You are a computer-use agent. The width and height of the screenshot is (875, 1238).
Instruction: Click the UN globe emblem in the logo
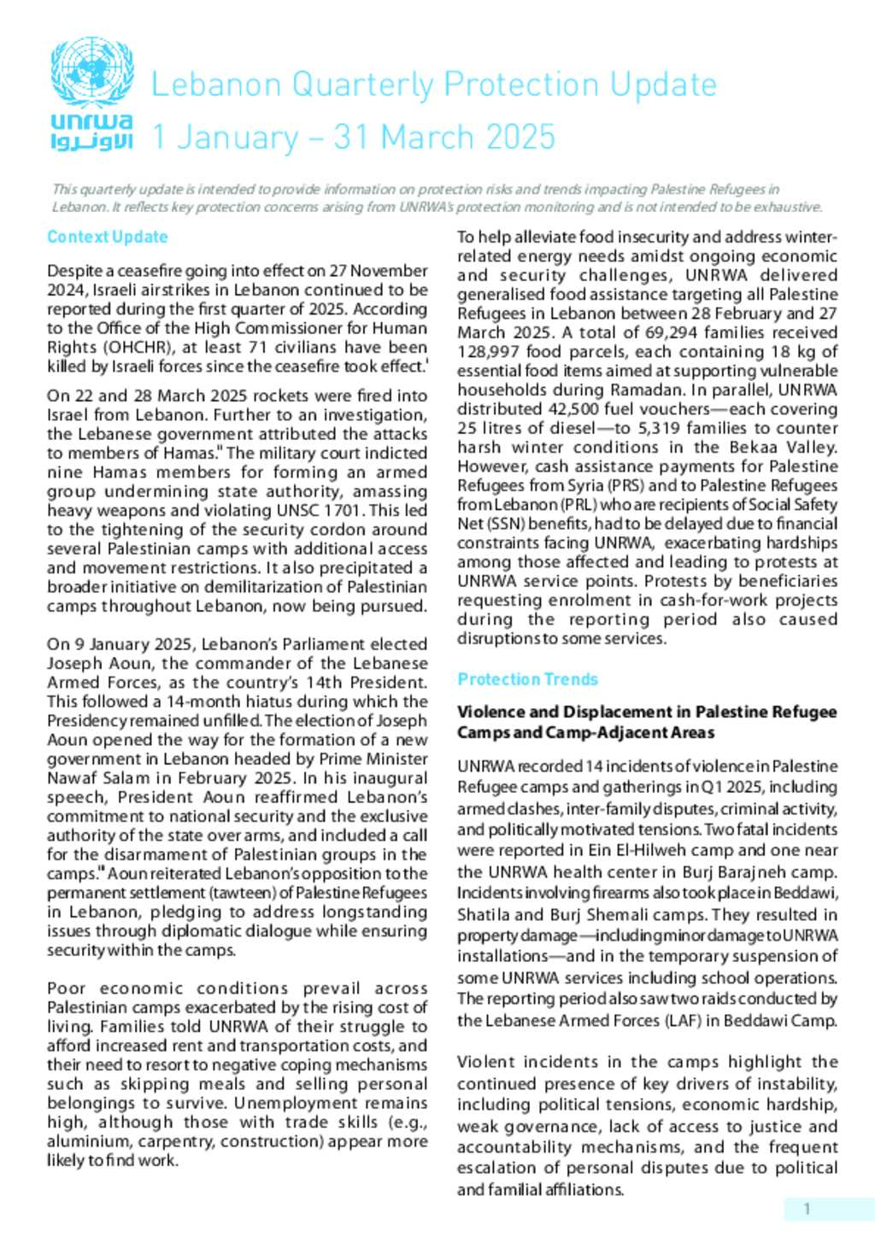(x=92, y=71)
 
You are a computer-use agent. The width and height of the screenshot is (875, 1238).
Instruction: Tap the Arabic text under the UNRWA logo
(x=92, y=141)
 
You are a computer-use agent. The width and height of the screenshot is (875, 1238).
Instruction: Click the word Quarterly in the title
(x=362, y=85)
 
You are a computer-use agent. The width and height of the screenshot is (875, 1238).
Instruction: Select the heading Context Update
(x=108, y=237)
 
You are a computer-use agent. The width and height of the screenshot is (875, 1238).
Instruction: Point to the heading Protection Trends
(x=527, y=679)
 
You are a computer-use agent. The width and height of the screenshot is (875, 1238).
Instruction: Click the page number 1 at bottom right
(x=807, y=1209)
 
